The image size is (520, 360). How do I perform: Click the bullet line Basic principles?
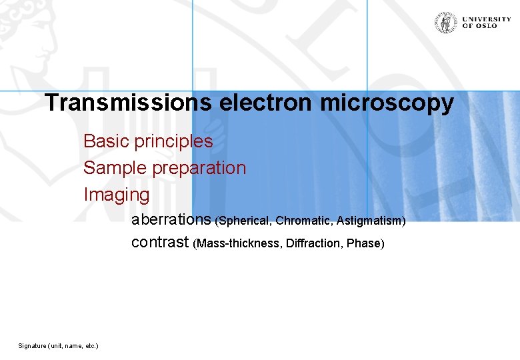tap(148, 141)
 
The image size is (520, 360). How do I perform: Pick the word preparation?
tap(199, 169)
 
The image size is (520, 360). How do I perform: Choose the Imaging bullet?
tap(117, 195)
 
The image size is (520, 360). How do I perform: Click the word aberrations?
tap(171, 219)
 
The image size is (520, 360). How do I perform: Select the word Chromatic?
tap(305, 221)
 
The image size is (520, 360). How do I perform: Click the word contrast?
tap(160, 242)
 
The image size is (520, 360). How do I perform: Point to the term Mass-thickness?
tap(239, 244)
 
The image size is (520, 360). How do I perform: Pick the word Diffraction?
tap(314, 244)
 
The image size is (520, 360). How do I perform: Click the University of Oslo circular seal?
tap(445, 22)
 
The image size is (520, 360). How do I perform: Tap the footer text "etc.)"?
tap(90, 346)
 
